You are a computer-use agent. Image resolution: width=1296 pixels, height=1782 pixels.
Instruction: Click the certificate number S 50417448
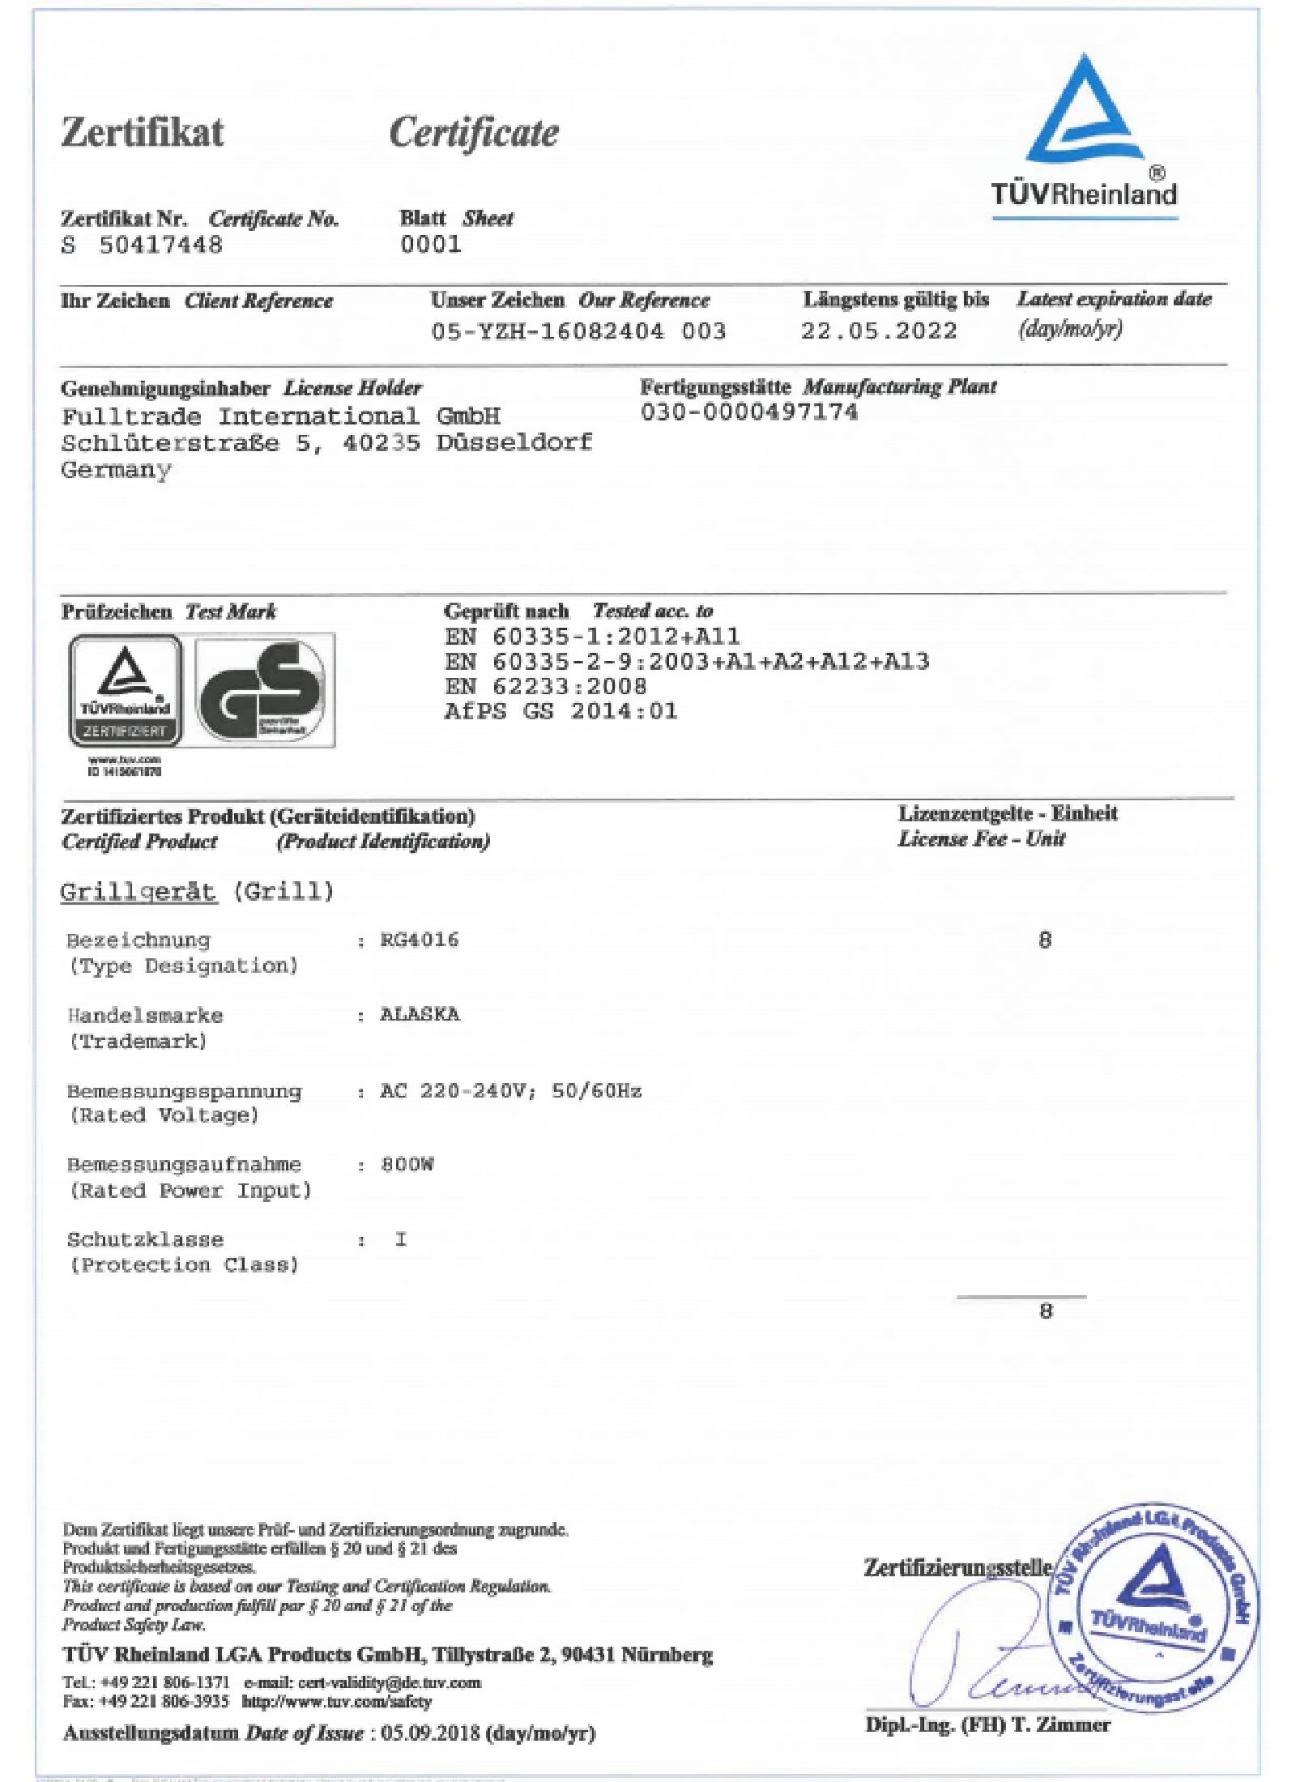(142, 245)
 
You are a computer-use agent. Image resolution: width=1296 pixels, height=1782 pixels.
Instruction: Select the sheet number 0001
(430, 244)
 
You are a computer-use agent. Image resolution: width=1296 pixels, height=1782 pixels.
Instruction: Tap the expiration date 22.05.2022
(878, 330)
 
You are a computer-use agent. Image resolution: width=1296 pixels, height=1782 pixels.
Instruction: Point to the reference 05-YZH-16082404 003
(578, 331)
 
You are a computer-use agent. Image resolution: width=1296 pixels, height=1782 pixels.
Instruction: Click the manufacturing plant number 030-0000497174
(748, 412)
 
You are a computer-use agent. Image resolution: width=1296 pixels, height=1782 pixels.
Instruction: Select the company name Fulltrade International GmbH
(280, 416)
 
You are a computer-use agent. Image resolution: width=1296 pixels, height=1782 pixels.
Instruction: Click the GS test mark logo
(264, 689)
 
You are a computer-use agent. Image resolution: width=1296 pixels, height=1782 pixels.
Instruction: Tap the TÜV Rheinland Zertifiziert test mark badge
(126, 689)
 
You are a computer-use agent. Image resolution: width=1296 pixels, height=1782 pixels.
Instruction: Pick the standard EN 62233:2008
(545, 686)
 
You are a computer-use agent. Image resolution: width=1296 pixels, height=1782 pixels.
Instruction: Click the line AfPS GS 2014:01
(561, 711)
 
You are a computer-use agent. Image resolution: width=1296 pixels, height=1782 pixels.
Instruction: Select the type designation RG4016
(419, 940)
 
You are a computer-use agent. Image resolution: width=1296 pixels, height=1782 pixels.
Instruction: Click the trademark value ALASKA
(420, 1014)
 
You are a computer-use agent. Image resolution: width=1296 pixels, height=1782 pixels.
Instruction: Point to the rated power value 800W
(407, 1164)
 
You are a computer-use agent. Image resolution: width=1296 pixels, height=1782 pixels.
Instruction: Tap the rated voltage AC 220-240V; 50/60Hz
(510, 1090)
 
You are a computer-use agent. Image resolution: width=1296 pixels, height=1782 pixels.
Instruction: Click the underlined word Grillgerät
(139, 891)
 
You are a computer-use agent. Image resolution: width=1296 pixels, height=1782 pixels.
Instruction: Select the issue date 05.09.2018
(421, 1733)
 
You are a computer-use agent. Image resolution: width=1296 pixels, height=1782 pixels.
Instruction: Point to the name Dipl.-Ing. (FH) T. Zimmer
(987, 1724)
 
